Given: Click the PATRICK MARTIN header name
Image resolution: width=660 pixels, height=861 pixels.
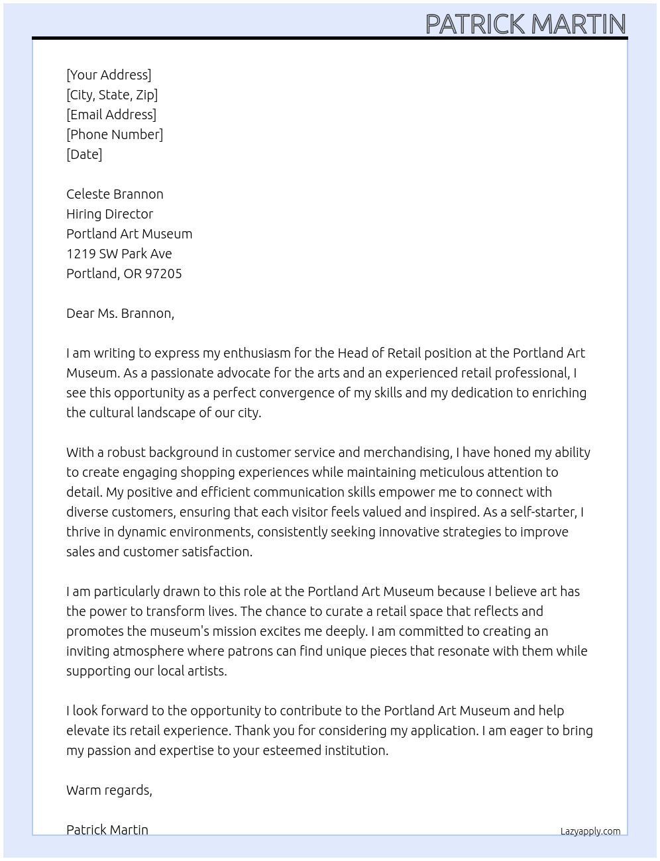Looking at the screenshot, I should pyautogui.click(x=525, y=24).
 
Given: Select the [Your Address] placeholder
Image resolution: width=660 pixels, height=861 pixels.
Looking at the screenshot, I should pyautogui.click(x=109, y=75).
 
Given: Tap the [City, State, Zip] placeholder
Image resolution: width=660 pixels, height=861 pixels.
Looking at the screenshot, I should pyautogui.click(x=112, y=95).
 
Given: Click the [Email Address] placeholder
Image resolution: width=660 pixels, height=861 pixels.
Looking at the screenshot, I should pyautogui.click(x=111, y=115).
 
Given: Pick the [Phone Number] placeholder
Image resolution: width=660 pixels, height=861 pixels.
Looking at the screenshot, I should pyautogui.click(x=115, y=134).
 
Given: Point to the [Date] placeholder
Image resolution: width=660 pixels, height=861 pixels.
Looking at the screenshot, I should pyautogui.click(x=84, y=154).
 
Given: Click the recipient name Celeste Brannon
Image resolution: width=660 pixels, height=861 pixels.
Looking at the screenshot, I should pyautogui.click(x=115, y=194).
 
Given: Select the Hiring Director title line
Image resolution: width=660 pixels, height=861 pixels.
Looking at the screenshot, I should pyautogui.click(x=109, y=214).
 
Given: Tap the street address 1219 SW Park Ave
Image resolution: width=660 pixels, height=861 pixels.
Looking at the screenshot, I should pyautogui.click(x=119, y=254).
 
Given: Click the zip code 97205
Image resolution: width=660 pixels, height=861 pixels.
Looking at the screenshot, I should pyautogui.click(x=163, y=274).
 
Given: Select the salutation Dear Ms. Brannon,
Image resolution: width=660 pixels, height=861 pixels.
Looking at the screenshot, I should pyautogui.click(x=120, y=313).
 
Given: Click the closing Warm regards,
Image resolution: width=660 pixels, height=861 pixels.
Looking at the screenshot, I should pyautogui.click(x=109, y=790).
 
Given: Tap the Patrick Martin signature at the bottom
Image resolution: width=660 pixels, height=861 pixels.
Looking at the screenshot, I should pyautogui.click(x=107, y=829).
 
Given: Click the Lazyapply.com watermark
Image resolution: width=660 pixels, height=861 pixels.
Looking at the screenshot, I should pyautogui.click(x=590, y=831).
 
